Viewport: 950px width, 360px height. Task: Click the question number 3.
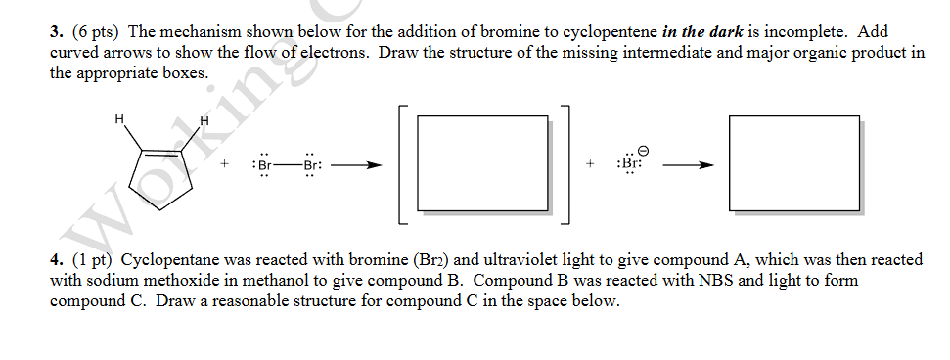tap(55, 31)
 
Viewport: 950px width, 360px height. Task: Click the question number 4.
tap(55, 260)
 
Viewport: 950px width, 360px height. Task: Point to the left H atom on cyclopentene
tap(119, 119)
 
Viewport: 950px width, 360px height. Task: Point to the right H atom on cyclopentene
tap(204, 121)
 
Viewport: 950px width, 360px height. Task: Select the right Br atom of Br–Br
tap(310, 165)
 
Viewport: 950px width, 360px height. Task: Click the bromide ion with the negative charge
tap(629, 165)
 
